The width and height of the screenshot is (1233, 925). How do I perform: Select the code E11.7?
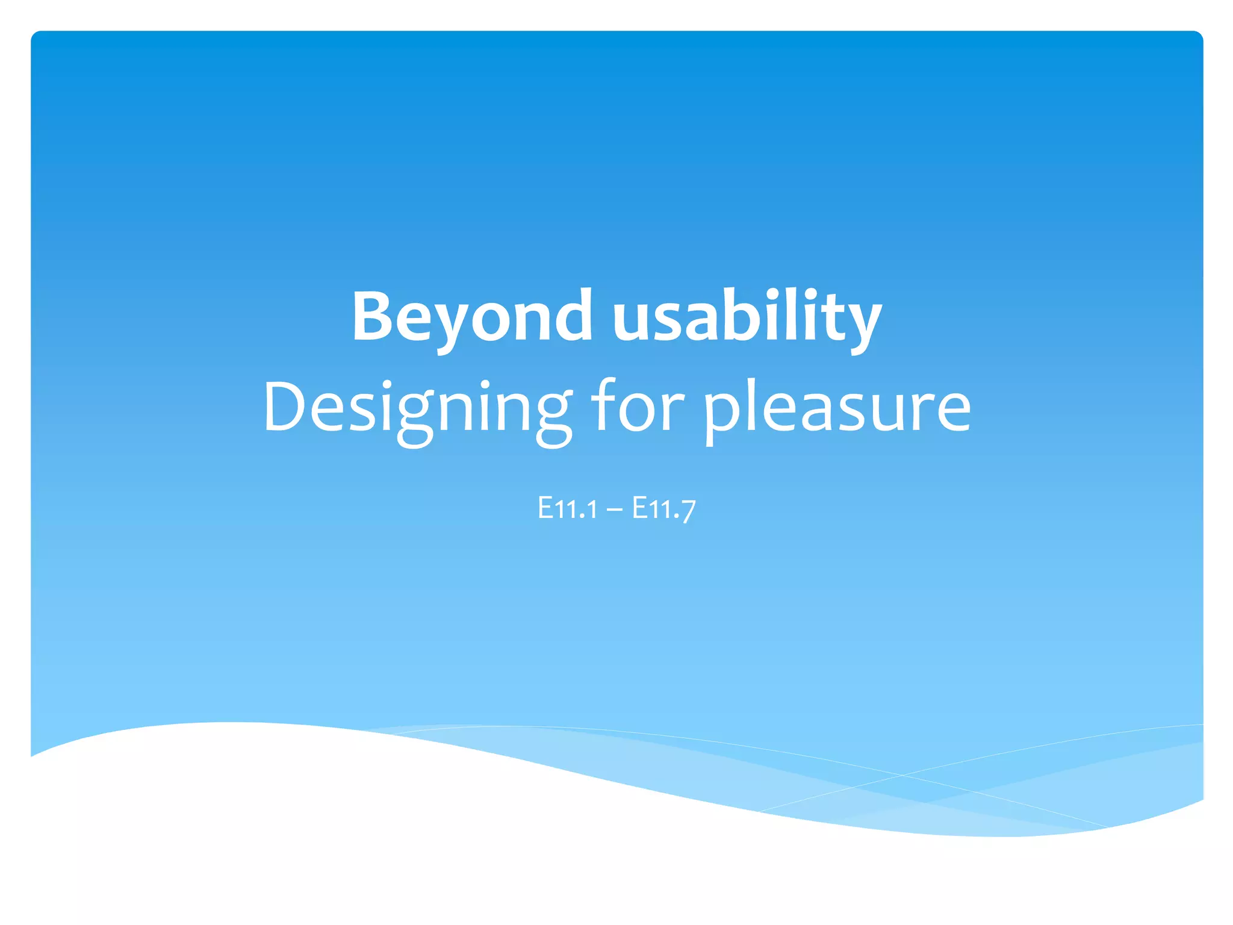click(663, 509)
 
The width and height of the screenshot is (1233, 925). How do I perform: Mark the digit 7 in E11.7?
click(688, 511)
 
